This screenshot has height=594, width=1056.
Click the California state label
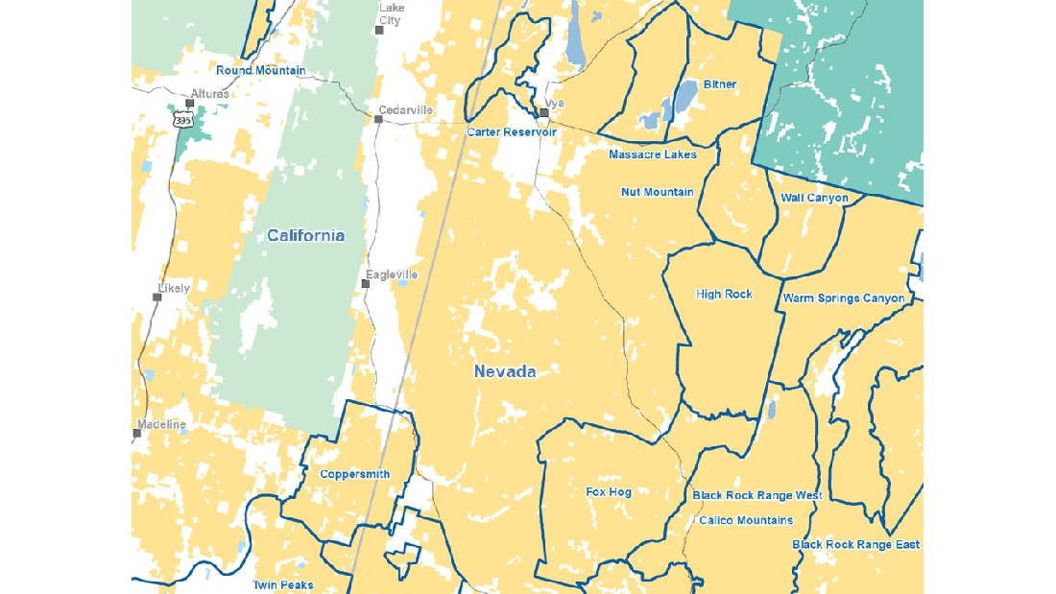point(305,236)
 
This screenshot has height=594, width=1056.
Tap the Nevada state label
point(504,372)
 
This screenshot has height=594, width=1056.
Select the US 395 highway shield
point(183,119)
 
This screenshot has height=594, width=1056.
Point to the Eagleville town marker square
point(366,283)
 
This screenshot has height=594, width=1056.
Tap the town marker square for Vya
point(543,113)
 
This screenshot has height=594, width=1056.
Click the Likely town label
point(174,288)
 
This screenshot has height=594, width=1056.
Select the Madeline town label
point(161,424)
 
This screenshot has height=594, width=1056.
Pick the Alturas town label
point(209,93)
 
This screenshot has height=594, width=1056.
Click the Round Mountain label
point(261,70)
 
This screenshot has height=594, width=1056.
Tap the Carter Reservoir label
point(512,131)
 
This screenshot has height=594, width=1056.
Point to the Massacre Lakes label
point(653,154)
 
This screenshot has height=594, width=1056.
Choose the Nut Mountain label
point(658,192)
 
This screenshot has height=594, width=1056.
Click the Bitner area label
point(720,84)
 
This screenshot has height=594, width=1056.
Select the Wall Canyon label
point(814,198)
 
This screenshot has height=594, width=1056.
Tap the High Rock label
point(724,294)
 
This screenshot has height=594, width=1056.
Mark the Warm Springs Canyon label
point(844,298)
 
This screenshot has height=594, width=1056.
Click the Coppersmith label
point(354,474)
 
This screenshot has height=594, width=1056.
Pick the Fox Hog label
point(609,492)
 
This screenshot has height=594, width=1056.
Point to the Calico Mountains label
point(746,520)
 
